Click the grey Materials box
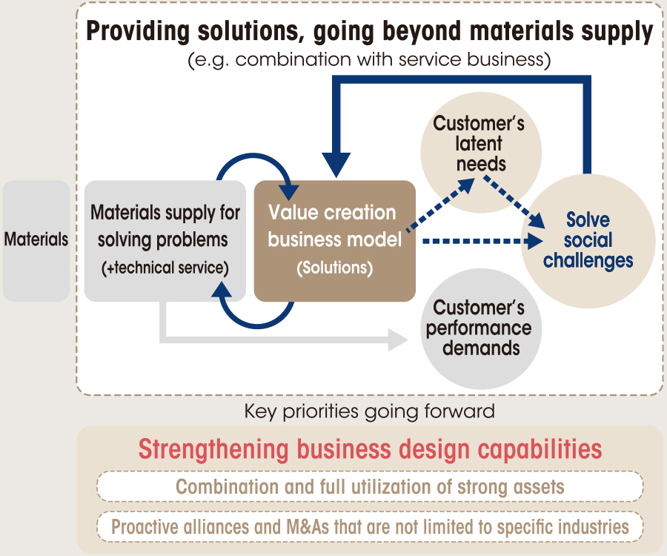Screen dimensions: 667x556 pyautogui.click(x=36, y=241)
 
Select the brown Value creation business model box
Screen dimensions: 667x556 pyautogui.click(x=335, y=241)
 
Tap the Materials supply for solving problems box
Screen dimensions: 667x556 pyautogui.click(x=165, y=241)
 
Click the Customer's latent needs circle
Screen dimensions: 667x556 pyautogui.click(x=481, y=152)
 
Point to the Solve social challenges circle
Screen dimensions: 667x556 pyautogui.click(x=588, y=241)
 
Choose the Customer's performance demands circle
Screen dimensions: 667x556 pyautogui.click(x=481, y=328)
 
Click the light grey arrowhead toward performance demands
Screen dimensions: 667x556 pyautogui.click(x=399, y=340)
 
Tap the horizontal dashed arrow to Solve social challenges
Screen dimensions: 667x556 pyautogui.click(x=482, y=241)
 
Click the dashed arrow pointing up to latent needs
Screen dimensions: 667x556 pyautogui.click(x=440, y=205)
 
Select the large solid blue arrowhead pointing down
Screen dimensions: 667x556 pyautogui.click(x=336, y=164)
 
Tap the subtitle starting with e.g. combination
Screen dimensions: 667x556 pyautogui.click(x=369, y=59)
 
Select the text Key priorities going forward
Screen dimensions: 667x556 pyautogui.click(x=369, y=411)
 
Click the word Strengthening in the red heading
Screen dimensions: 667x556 pyautogui.click(x=213, y=450)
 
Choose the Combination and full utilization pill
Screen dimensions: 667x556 pyautogui.click(x=370, y=486)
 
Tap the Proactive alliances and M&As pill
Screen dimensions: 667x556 pyautogui.click(x=370, y=526)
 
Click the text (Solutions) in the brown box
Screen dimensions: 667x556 pyautogui.click(x=335, y=268)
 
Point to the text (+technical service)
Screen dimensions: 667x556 pyautogui.click(x=165, y=268)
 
